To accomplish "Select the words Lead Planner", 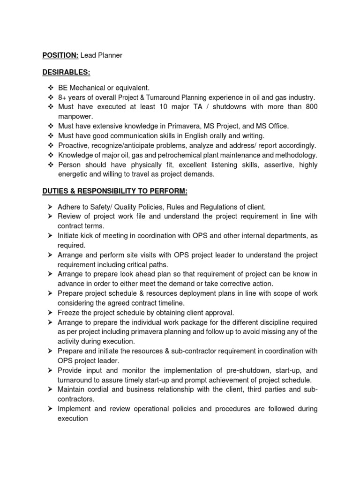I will pos(101,55).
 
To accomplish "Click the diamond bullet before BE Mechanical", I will pos(51,88).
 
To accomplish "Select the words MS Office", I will pos(271,126).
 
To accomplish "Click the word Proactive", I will pos(75,145).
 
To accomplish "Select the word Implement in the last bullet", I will pos(76,409).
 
